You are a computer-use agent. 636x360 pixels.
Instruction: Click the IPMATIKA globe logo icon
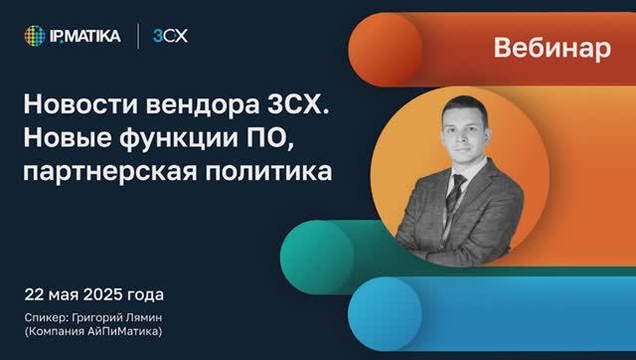pos(36,37)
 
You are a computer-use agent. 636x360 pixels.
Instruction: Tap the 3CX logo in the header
pos(170,37)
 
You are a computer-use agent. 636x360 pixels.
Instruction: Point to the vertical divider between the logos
pos(138,37)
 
